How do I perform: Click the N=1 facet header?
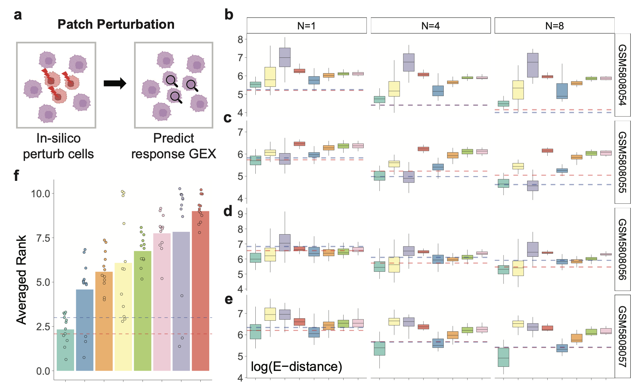[x=306, y=26]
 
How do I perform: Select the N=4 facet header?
[x=430, y=26]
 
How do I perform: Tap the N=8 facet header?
[x=554, y=26]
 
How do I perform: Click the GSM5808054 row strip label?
[x=623, y=75]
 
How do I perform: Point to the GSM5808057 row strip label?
[x=623, y=336]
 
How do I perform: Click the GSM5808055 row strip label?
[x=623, y=162]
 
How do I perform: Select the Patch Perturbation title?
[x=116, y=24]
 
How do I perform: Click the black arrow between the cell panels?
[x=115, y=83]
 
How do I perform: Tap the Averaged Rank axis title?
[x=22, y=279]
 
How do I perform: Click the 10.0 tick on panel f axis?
[x=40, y=194]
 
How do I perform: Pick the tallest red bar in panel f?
[x=200, y=291]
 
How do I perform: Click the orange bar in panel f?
[x=104, y=321]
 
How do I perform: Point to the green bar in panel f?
[x=143, y=311]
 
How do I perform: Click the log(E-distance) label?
[x=296, y=366]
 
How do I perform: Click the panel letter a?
[x=18, y=15]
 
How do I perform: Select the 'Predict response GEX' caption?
[x=174, y=146]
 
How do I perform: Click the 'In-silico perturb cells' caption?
[x=58, y=146]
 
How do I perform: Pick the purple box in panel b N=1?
[x=285, y=57]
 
